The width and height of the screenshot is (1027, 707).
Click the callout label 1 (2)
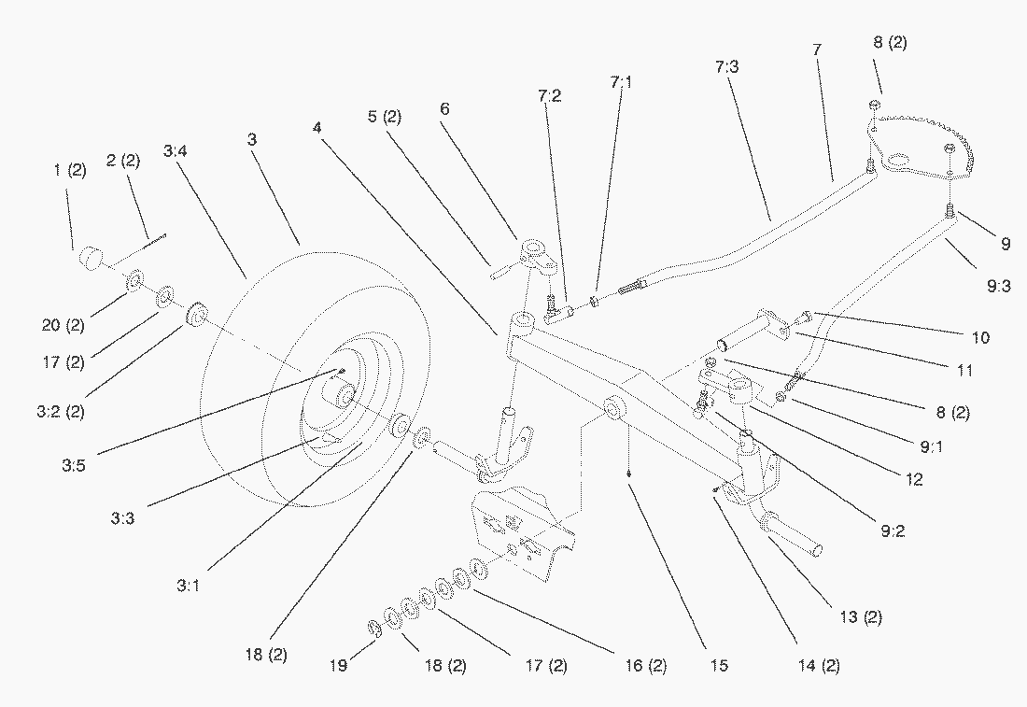tap(70, 170)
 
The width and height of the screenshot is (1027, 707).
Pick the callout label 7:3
tap(728, 67)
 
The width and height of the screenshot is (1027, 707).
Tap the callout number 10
tap(980, 337)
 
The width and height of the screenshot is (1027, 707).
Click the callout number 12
tap(913, 480)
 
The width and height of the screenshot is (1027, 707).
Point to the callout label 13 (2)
tap(860, 617)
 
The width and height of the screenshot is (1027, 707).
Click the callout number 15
tap(718, 666)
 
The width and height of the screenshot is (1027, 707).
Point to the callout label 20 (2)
tap(63, 325)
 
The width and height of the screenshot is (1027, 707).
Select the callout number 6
tap(444, 109)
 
